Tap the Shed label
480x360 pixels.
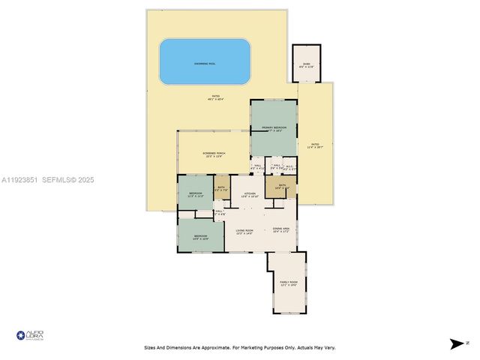[306, 64]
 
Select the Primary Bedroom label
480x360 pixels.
[274, 128]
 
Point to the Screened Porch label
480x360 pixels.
[214, 153]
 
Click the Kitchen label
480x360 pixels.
[249, 194]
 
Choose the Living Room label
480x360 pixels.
[244, 230]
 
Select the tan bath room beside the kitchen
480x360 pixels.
[222, 187]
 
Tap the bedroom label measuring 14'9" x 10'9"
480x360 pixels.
[201, 236]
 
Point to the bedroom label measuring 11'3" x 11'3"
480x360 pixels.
[196, 194]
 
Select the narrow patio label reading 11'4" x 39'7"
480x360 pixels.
[316, 145]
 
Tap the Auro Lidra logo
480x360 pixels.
[30, 334]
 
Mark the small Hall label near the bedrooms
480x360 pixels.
[220, 212]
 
